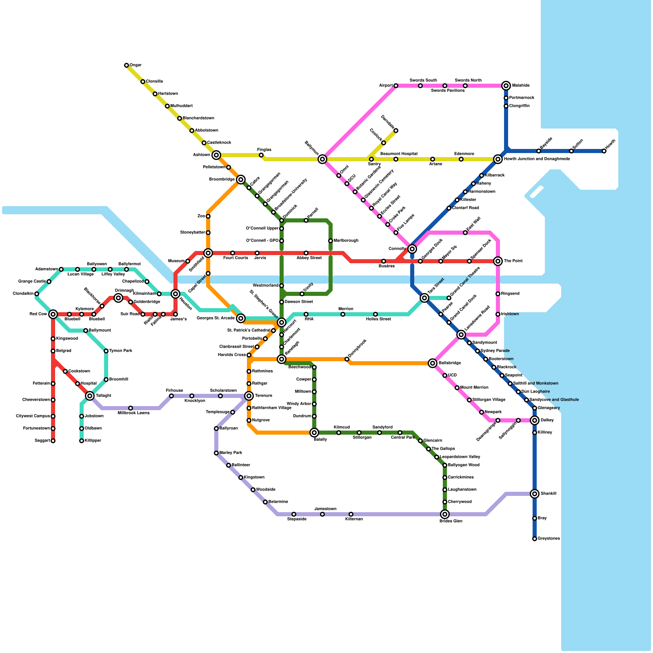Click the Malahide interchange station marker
[x=506, y=86]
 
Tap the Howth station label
[x=610, y=144]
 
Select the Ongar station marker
[x=127, y=65]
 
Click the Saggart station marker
[x=53, y=441]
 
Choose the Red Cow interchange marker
[x=53, y=314]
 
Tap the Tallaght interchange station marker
[x=90, y=396]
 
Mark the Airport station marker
[x=396, y=86]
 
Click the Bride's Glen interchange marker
[x=445, y=514]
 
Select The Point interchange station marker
[x=498, y=261]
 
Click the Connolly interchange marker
[x=412, y=249]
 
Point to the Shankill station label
[x=549, y=494]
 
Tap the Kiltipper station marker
[x=82, y=441]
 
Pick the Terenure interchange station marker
[x=249, y=396]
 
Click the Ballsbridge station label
[x=450, y=363]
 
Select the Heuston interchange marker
[x=175, y=294]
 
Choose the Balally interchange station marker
[x=314, y=433]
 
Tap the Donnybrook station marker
[x=347, y=359]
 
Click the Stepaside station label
[x=297, y=519]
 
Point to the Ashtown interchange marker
[x=216, y=155]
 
